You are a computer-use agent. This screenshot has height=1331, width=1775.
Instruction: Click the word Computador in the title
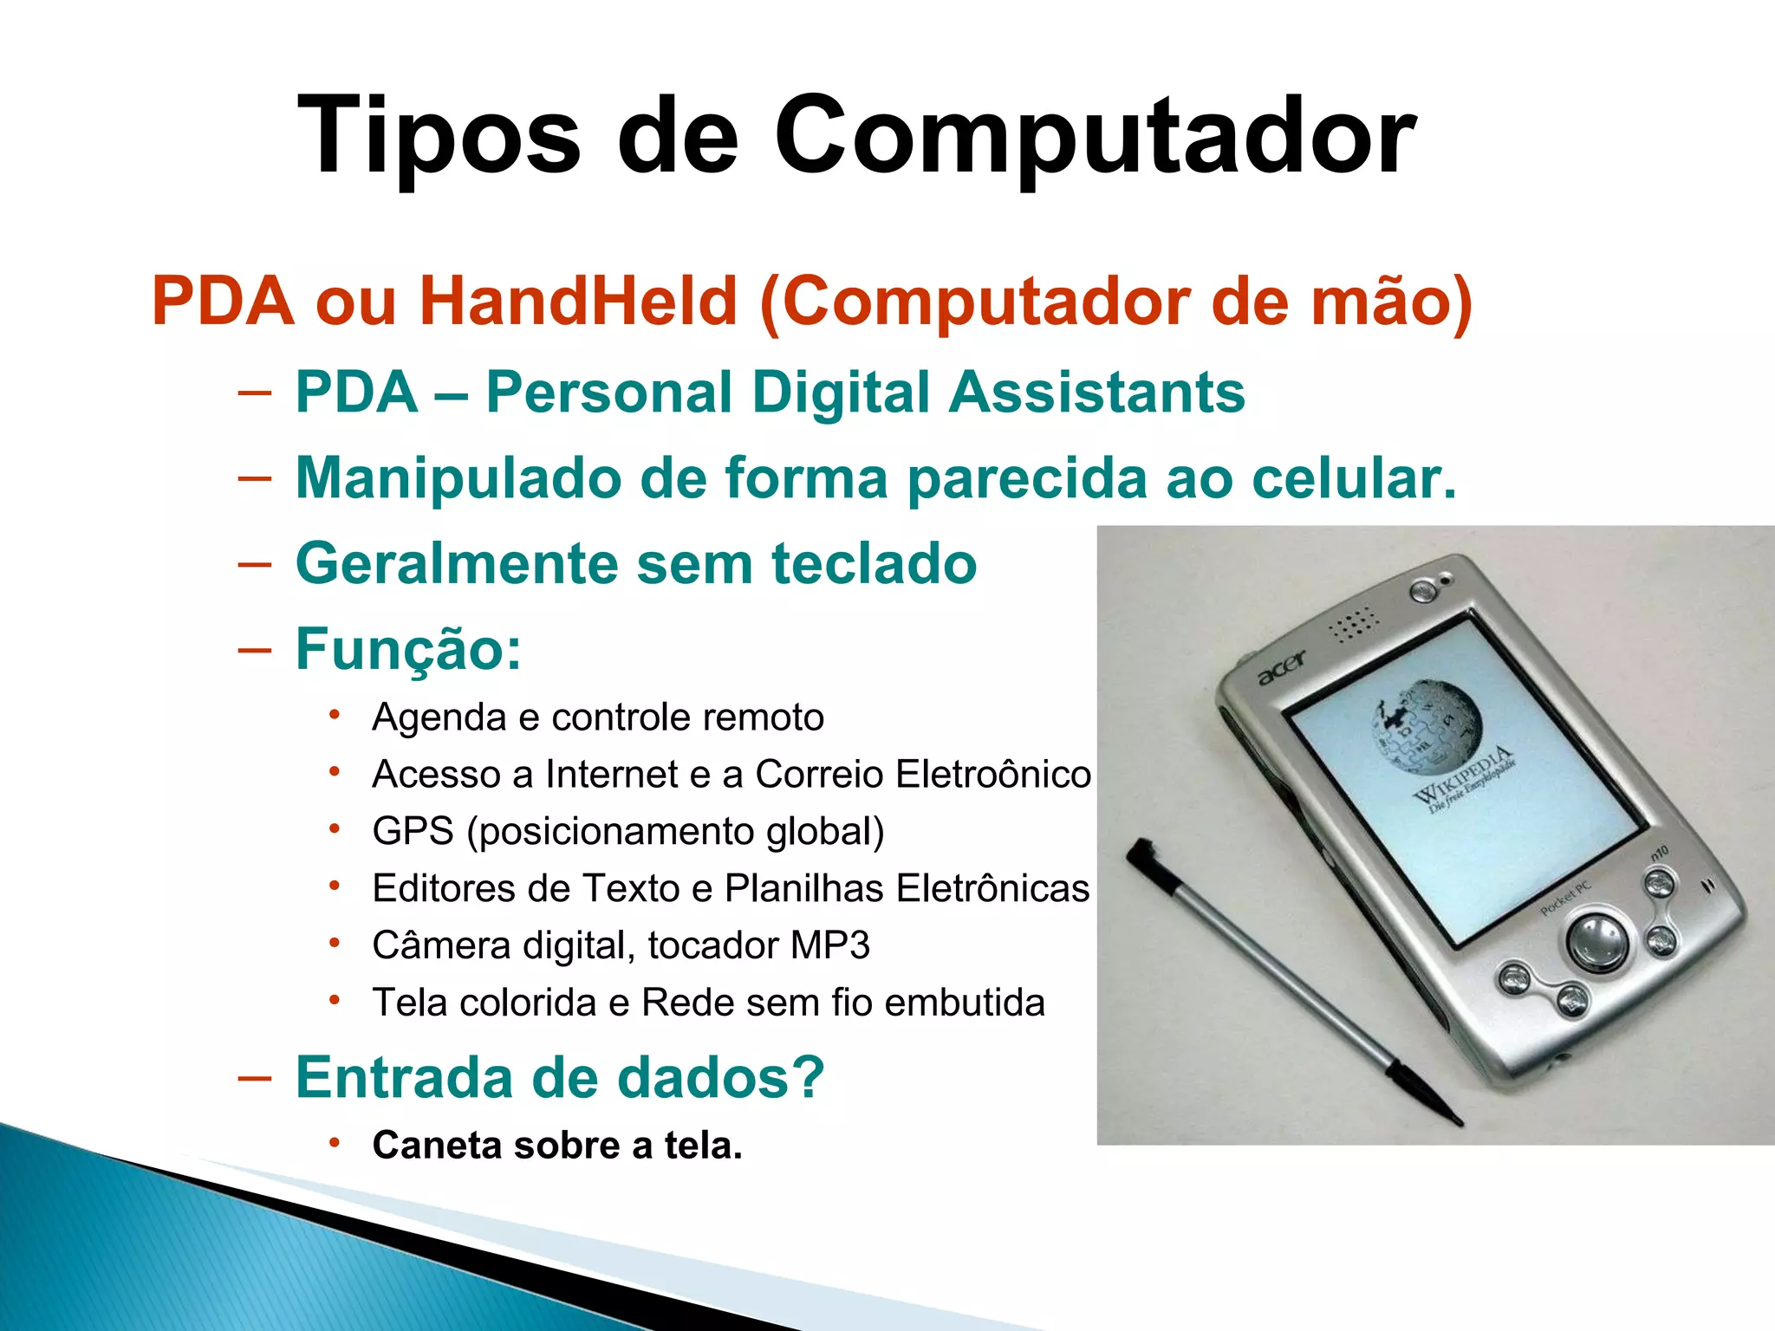click(x=1094, y=137)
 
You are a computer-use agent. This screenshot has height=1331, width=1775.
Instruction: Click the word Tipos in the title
click(x=439, y=137)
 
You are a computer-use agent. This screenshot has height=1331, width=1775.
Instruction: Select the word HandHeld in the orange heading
click(x=578, y=301)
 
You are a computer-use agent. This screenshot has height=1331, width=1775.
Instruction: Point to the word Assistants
click(x=1096, y=392)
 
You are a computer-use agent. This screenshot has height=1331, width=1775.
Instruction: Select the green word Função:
click(x=408, y=649)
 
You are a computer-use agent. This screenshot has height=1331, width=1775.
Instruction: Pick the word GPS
click(x=413, y=831)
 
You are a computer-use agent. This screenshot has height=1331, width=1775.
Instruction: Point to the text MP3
click(x=830, y=945)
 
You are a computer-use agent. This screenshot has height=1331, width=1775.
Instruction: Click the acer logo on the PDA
click(x=1281, y=669)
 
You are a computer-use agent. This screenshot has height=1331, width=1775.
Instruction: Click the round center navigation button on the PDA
click(x=1596, y=938)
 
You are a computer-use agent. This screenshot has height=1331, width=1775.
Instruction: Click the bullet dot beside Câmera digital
click(x=335, y=944)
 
